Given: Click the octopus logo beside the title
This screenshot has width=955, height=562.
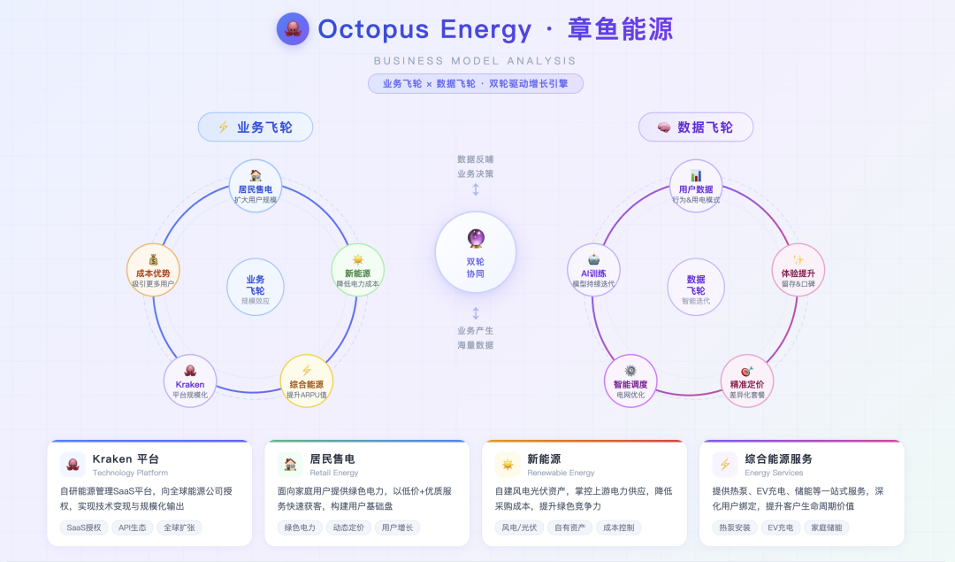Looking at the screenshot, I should (x=293, y=29).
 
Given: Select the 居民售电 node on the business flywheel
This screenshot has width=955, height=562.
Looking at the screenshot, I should (x=256, y=187).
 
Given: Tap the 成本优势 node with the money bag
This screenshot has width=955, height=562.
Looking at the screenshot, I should (x=153, y=270).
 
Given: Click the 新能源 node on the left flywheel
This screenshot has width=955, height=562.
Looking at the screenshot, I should (x=357, y=270).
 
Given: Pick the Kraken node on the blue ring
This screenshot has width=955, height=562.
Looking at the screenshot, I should (x=190, y=381).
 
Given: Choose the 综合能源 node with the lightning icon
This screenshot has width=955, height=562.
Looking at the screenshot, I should (x=306, y=381).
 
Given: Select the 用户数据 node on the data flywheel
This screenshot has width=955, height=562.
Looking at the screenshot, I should (x=696, y=187).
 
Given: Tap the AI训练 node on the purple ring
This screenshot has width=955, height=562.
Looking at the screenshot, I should (x=593, y=270).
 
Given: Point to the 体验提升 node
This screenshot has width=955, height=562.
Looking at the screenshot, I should (x=798, y=270).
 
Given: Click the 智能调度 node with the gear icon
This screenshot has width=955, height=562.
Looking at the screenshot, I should (x=630, y=381).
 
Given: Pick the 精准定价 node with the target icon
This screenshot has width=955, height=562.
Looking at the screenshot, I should (x=747, y=381).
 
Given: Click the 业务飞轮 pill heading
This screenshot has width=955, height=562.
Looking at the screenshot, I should (x=256, y=127).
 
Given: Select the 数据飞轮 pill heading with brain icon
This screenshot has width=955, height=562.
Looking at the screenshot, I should (x=696, y=127).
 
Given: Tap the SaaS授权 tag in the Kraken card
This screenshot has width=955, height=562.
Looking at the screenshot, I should (x=85, y=527).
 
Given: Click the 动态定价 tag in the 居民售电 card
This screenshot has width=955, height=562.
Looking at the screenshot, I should (x=348, y=527).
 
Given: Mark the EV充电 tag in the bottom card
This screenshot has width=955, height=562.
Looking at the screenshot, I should (x=779, y=527).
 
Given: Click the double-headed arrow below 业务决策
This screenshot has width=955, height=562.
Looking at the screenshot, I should (x=476, y=190).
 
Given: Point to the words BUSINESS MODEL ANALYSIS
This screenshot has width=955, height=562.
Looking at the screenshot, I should (x=476, y=61).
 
